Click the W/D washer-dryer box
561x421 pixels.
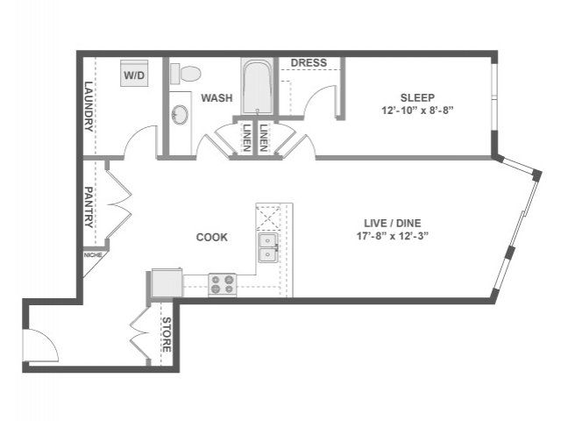point(134,73)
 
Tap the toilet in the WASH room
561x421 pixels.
point(185,74)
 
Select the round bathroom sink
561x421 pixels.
point(180,114)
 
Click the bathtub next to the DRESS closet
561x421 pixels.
point(257,87)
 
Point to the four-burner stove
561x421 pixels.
point(222,284)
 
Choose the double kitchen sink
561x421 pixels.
point(268,247)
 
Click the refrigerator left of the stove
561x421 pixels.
point(167,282)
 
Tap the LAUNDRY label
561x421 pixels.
point(89,107)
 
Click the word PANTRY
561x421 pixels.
point(89,207)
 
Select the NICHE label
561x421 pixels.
point(93,255)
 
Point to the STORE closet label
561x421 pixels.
point(167,334)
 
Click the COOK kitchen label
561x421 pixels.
point(212,237)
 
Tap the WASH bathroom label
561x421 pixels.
point(217,97)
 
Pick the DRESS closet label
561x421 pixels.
point(309,63)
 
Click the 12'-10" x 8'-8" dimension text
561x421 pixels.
point(417,111)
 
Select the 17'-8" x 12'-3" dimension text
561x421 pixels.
point(393,236)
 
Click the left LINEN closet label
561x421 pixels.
point(246,138)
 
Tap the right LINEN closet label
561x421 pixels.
point(264,138)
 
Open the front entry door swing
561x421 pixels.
point(40,345)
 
